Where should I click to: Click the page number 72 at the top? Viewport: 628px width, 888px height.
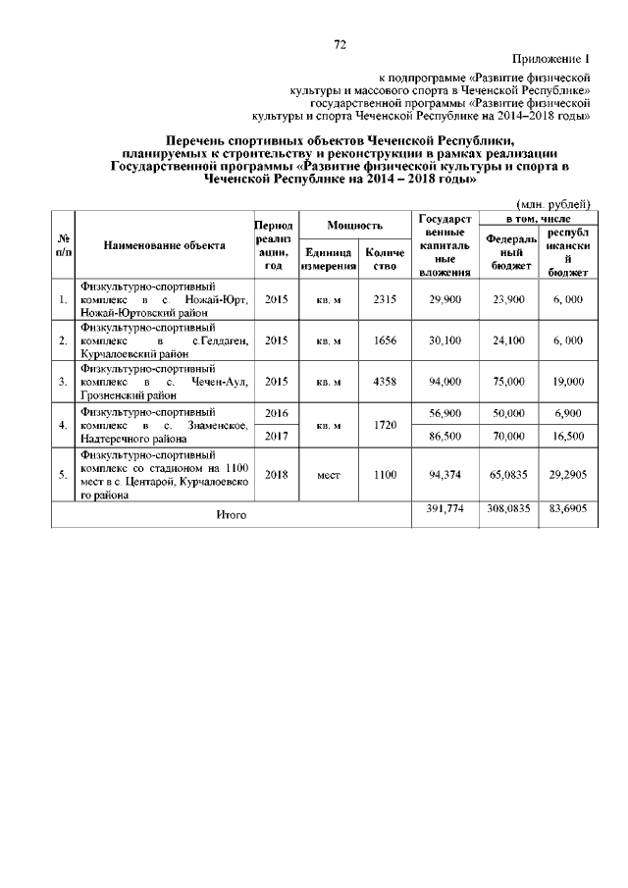pyautogui.click(x=340, y=44)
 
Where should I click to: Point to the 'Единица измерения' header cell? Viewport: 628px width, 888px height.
pyautogui.click(x=328, y=259)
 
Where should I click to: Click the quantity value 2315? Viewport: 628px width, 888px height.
pyautogui.click(x=384, y=298)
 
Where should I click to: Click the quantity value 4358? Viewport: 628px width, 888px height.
pyautogui.click(x=384, y=382)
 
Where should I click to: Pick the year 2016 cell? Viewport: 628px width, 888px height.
pyautogui.click(x=276, y=414)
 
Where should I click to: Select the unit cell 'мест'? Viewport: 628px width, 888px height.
pyautogui.click(x=328, y=475)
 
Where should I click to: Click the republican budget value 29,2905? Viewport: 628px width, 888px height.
pyautogui.click(x=568, y=475)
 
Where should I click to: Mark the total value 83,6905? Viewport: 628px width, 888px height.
pyautogui.click(x=568, y=509)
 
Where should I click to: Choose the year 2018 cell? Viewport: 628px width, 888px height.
pyautogui.click(x=276, y=475)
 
